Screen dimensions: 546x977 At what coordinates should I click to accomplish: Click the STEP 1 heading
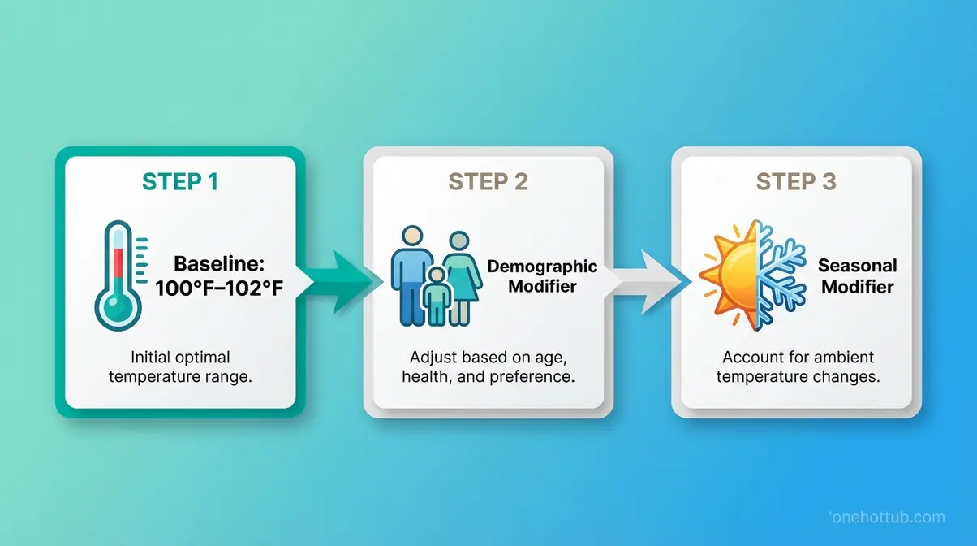pyautogui.click(x=180, y=181)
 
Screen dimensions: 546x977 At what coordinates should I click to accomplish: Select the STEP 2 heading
pyautogui.click(x=488, y=181)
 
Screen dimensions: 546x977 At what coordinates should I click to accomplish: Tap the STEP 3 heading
pyautogui.click(x=796, y=181)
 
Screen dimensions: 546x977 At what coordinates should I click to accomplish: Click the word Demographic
pyautogui.click(x=542, y=267)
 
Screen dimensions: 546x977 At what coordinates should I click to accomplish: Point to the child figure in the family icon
pyautogui.click(x=437, y=297)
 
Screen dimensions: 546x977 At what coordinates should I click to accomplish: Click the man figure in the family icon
pyautogui.click(x=412, y=272)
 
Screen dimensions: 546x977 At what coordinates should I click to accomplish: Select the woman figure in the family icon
pyautogui.click(x=461, y=276)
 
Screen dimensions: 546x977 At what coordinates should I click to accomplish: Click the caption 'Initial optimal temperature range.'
pyautogui.click(x=180, y=366)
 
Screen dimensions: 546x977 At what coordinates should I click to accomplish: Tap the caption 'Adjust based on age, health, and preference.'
pyautogui.click(x=488, y=366)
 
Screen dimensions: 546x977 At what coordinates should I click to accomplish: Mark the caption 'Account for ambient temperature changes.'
pyautogui.click(x=796, y=366)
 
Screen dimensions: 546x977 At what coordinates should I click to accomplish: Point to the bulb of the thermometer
pyautogui.click(x=117, y=307)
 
